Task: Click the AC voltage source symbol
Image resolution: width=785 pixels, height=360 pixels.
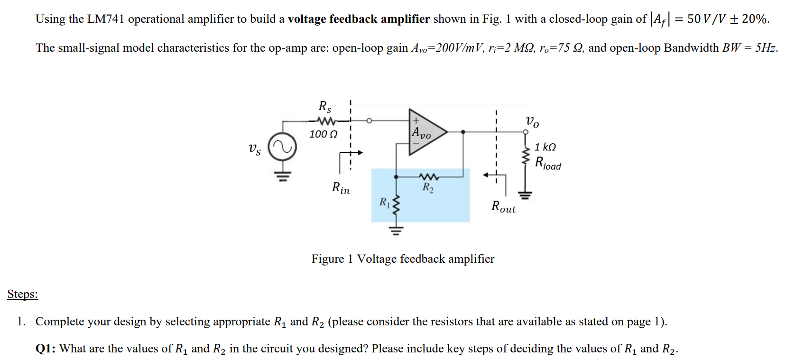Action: (x=282, y=148)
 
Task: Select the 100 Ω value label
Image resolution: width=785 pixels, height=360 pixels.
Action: (x=323, y=134)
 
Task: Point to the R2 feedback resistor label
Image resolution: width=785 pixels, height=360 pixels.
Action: (x=428, y=187)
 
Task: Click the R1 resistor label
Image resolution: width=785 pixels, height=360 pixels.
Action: (x=384, y=203)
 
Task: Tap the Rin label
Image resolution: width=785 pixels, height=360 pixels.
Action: (x=341, y=188)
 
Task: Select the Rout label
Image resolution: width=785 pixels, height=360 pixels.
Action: (x=503, y=207)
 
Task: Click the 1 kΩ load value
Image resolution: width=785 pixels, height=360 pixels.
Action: (x=545, y=147)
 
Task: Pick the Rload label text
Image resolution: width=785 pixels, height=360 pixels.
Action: (x=548, y=163)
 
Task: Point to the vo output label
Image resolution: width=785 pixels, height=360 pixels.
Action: (x=532, y=121)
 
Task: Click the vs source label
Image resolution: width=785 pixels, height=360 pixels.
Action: (x=255, y=149)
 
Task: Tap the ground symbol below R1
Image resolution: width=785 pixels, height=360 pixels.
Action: (x=397, y=231)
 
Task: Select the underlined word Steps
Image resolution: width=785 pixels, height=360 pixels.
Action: (x=22, y=294)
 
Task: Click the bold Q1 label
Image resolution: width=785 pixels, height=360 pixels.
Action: (x=45, y=349)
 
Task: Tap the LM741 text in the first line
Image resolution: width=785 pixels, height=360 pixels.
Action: (x=105, y=19)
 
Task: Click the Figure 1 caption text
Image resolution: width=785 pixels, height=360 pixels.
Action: (x=402, y=259)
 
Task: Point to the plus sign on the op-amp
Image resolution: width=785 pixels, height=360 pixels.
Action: (x=416, y=121)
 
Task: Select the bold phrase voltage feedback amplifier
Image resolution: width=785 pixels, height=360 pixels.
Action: (x=359, y=19)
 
